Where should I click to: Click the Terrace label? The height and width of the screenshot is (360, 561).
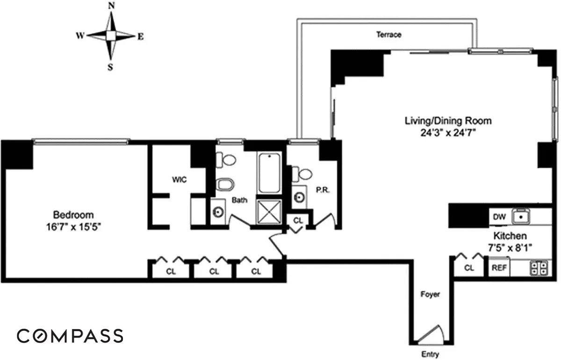click(388, 35)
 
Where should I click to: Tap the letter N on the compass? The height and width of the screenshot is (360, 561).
click(111, 6)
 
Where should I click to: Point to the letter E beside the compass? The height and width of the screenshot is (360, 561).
click(141, 37)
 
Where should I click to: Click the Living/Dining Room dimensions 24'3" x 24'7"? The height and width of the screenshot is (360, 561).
click(448, 132)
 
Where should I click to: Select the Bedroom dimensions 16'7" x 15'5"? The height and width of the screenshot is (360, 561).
click(73, 227)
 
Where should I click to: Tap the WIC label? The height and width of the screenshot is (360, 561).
click(180, 180)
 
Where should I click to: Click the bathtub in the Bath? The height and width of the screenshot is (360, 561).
click(269, 173)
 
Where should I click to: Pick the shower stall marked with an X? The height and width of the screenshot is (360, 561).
click(269, 212)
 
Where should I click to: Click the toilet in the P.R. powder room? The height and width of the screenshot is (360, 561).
click(302, 174)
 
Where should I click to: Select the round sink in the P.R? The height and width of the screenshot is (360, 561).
click(299, 198)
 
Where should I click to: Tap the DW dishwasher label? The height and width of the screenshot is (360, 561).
click(499, 217)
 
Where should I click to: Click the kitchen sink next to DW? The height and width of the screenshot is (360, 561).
click(521, 216)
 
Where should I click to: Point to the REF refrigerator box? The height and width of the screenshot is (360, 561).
click(499, 267)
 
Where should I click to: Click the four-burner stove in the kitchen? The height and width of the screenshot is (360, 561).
click(539, 268)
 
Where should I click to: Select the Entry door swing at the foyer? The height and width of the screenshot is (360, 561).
click(430, 334)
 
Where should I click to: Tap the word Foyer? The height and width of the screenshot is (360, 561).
click(430, 295)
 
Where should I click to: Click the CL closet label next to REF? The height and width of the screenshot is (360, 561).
click(469, 268)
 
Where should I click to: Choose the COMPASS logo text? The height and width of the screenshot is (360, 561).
click(70, 336)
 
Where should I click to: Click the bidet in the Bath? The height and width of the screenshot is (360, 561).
click(225, 185)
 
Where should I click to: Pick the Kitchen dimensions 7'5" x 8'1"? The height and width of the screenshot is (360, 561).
click(510, 248)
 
